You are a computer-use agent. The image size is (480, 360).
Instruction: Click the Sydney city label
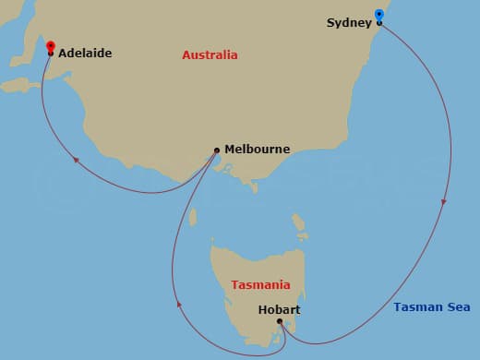[349, 22]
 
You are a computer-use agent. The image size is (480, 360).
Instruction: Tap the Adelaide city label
[85, 54]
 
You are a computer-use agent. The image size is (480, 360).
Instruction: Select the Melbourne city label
[257, 149]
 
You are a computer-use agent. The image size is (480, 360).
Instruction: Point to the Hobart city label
[278, 310]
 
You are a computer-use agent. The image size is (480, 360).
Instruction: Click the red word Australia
[210, 55]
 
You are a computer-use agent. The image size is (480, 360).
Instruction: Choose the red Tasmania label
[260, 285]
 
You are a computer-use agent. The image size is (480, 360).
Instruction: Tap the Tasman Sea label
[431, 307]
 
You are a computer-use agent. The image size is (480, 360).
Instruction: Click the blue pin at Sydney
[379, 16]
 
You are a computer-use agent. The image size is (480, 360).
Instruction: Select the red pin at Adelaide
[50, 47]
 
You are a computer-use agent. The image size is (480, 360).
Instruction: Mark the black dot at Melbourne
[216, 150]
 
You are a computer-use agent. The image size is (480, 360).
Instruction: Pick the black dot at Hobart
[280, 321]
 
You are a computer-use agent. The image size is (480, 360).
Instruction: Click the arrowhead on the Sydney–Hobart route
[446, 202]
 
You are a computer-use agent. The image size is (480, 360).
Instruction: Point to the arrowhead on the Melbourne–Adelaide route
[77, 162]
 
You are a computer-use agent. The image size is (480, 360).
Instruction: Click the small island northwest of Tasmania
[193, 218]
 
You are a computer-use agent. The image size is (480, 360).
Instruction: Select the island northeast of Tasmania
[300, 222]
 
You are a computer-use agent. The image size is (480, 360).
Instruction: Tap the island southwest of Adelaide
[17, 85]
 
